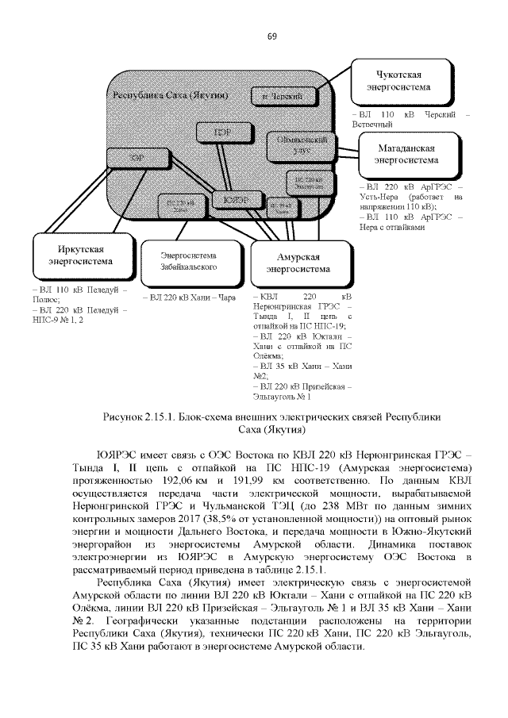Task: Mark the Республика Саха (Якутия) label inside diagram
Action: click(171, 95)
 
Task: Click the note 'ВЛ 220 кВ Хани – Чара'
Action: click(189, 298)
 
